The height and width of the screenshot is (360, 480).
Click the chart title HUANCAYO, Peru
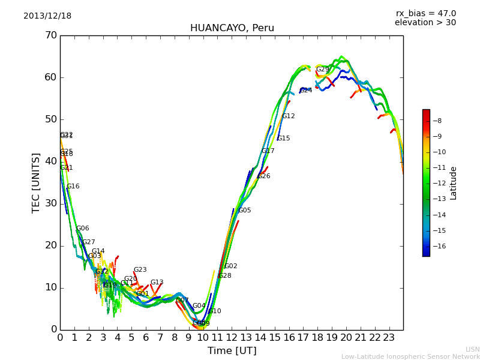(232, 28)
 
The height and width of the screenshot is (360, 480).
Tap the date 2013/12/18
(47, 16)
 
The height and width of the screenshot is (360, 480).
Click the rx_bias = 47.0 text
(425, 14)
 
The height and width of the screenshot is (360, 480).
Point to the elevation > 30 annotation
(425, 23)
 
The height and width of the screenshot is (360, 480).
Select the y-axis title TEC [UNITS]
(37, 182)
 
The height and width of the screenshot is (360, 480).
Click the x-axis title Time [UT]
(232, 351)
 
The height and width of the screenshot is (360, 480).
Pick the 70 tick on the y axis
(50, 35)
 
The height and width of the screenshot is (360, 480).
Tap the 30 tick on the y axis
(50, 203)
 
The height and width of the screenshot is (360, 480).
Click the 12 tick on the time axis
(232, 338)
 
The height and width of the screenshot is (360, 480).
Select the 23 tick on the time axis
(389, 338)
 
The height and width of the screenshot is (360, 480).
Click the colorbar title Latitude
(454, 183)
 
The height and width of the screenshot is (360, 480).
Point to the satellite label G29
(323, 70)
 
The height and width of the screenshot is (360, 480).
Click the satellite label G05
(245, 211)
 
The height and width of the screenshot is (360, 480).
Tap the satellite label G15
(283, 139)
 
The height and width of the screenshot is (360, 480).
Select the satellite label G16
(73, 187)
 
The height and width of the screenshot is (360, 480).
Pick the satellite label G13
(157, 283)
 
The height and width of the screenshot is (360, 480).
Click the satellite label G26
(263, 176)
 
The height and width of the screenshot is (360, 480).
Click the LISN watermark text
(472, 349)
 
